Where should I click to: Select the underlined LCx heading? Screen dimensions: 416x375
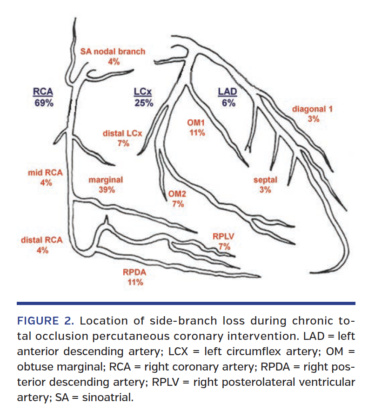pyautogui.click(x=144, y=92)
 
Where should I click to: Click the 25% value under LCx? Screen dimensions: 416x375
pyautogui.click(x=144, y=103)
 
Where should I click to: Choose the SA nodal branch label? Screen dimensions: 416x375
pyautogui.click(x=113, y=52)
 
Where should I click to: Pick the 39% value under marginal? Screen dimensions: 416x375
pyautogui.click(x=106, y=189)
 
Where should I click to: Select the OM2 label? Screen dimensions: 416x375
pyautogui.click(x=177, y=194)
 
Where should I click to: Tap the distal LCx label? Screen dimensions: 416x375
pyautogui.click(x=123, y=134)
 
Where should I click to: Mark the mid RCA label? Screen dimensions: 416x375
pyautogui.click(x=46, y=172)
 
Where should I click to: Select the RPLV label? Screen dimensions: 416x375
pyautogui.click(x=224, y=237)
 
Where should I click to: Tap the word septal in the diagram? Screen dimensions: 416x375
pyautogui.click(x=265, y=180)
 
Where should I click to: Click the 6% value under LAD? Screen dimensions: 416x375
pyautogui.click(x=228, y=103)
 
